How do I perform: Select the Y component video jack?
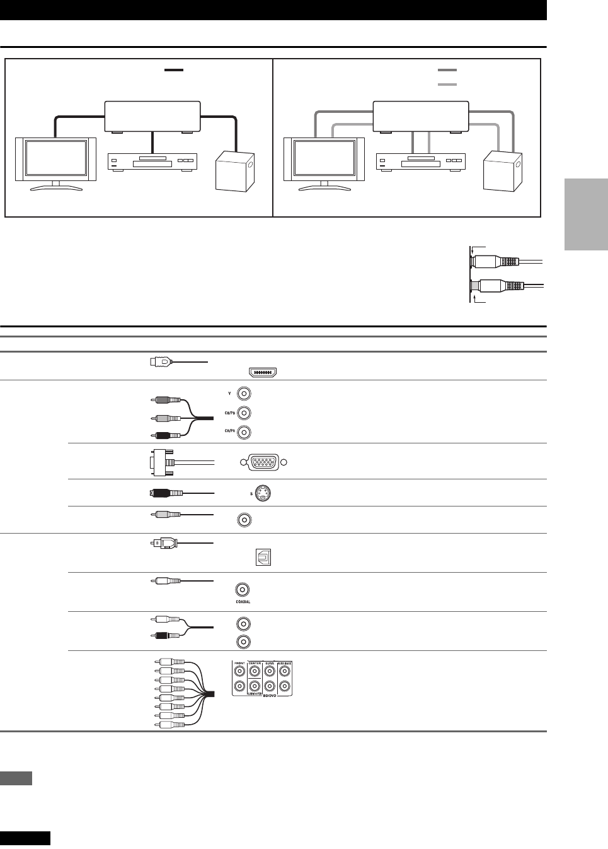coord(244,394)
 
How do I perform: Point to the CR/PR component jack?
coord(244,432)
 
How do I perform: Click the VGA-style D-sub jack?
coord(262,462)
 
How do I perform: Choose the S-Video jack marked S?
coord(265,493)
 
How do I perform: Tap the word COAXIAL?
coord(242,602)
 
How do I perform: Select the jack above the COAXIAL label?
coord(242,590)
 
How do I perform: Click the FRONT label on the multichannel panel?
coord(239,663)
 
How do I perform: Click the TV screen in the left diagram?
coord(55,159)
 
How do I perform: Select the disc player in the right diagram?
coord(418,161)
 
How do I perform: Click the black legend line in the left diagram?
coord(173,70)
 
